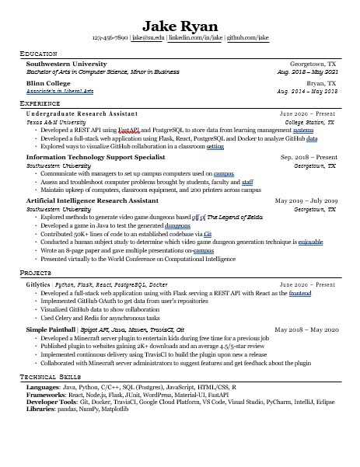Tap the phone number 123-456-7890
point(110,37)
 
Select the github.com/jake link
point(248,37)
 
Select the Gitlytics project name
point(38,284)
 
